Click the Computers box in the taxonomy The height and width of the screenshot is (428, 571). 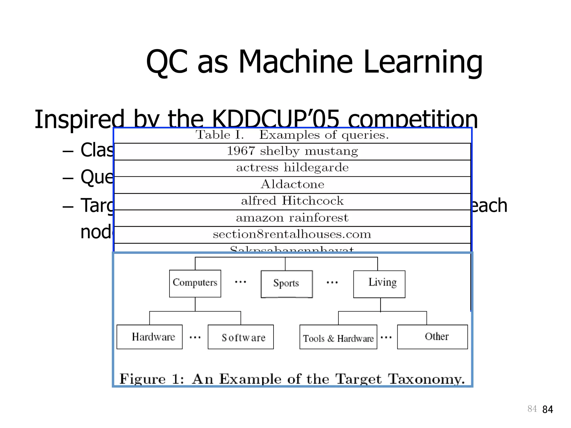(195, 283)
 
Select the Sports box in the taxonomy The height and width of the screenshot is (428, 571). (286, 284)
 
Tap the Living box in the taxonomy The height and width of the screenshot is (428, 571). (379, 284)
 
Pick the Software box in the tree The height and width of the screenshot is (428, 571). (241, 337)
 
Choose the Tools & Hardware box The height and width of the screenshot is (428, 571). (338, 337)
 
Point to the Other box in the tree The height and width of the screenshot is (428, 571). (432, 337)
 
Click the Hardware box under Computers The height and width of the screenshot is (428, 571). (149, 337)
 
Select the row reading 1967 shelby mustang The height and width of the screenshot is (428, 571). (292, 151)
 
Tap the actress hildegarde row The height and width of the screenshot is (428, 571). (292, 168)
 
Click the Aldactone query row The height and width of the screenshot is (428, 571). (292, 184)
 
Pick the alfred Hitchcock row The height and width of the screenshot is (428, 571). (292, 201)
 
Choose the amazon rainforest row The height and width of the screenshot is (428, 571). (292, 218)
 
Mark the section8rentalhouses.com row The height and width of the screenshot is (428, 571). (292, 234)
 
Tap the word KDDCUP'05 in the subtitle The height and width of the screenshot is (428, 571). (275, 119)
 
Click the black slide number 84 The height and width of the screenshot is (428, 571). (548, 409)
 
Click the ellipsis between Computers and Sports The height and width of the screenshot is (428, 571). (240, 282)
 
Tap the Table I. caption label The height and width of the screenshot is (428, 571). (220, 135)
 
